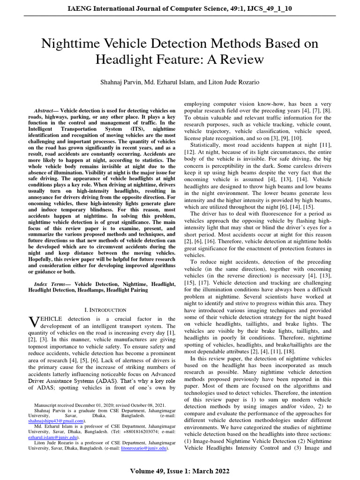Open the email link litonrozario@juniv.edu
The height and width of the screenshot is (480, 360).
pos(143,448)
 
